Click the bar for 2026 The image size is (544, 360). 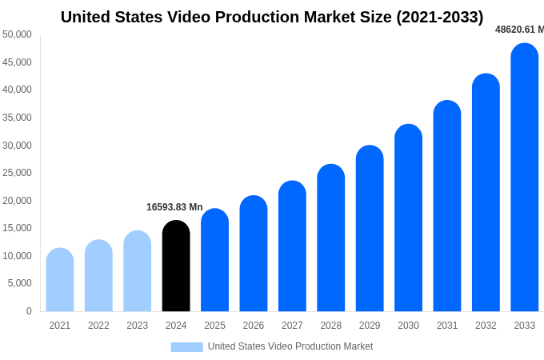pos(254,254)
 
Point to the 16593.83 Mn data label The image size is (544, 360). pos(174,207)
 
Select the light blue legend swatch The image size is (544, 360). pos(186,346)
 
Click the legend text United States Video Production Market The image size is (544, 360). pos(290,346)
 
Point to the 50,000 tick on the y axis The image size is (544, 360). pos(17,34)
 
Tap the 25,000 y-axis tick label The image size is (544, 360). pos(17,173)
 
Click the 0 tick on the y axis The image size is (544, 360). pos(29,311)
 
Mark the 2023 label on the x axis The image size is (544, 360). pos(138,326)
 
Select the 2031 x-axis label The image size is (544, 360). pos(447,326)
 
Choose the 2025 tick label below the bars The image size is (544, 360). pos(214,326)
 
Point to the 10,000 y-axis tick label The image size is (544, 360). pos(17,256)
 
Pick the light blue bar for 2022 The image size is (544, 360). pos(98,276)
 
